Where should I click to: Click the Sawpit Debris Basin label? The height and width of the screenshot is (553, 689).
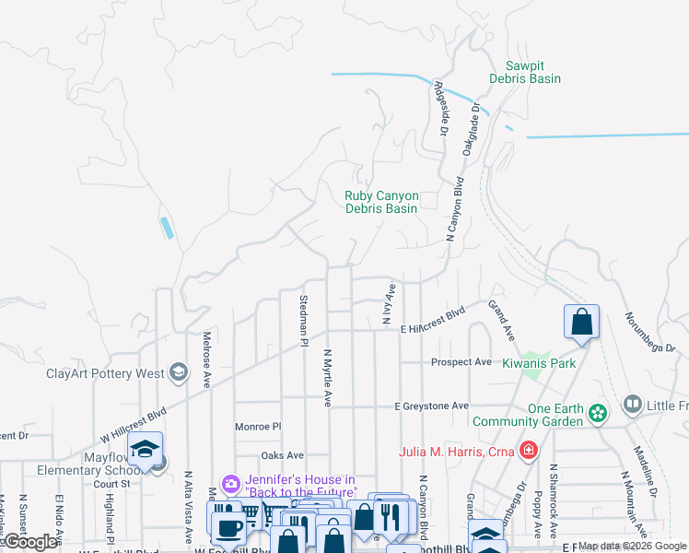(x=532, y=73)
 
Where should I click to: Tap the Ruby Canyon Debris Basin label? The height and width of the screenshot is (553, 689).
(x=381, y=202)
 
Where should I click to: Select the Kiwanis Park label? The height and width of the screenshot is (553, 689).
(x=539, y=363)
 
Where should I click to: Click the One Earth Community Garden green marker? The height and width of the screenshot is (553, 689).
(x=599, y=411)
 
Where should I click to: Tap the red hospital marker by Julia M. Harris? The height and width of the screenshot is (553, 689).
(x=528, y=451)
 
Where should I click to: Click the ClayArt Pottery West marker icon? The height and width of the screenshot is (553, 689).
(x=179, y=373)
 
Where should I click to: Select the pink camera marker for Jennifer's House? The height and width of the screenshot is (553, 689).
(x=231, y=483)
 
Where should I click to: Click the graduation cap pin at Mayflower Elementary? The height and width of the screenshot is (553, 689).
(x=145, y=449)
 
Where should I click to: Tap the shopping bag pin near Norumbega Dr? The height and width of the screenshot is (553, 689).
(x=581, y=323)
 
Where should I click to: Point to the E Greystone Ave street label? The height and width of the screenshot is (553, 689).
(x=432, y=406)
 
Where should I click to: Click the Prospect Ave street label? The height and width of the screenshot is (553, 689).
(x=461, y=362)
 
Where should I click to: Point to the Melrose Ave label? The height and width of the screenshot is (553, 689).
(x=207, y=359)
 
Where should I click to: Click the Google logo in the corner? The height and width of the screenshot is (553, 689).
(x=30, y=543)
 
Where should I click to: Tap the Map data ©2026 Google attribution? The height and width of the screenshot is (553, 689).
(x=632, y=546)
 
